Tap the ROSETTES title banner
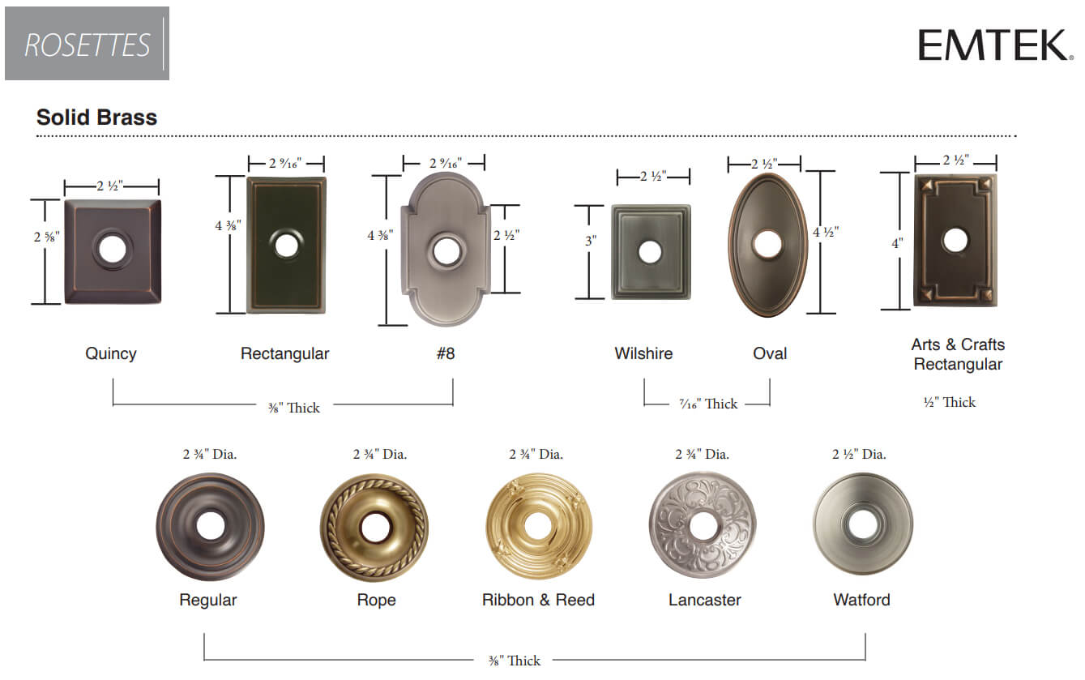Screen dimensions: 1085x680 pos(88,44)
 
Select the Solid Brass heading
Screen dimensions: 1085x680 pos(97,118)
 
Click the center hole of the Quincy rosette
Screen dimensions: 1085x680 pos(113,249)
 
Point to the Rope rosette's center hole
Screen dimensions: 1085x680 pos(375,528)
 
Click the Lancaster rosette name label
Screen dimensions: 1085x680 pos(705,600)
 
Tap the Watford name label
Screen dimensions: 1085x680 pos(861,600)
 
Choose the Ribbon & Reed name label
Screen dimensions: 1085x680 pos(538,600)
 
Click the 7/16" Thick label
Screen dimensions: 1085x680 pos(708,404)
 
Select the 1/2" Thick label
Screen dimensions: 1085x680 pos(950,402)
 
